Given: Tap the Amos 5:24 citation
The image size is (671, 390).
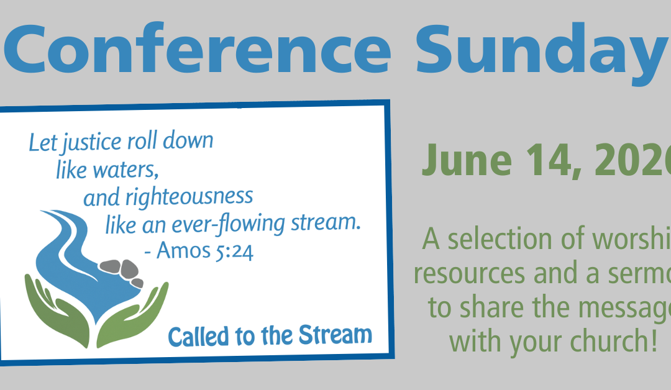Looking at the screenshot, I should [206, 251].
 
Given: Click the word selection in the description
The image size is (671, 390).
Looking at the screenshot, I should [512, 240].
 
